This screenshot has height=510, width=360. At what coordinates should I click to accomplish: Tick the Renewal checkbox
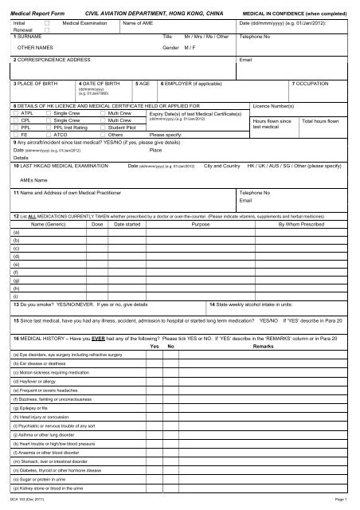[47, 32]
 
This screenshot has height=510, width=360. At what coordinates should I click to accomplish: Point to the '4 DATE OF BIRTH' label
[100, 83]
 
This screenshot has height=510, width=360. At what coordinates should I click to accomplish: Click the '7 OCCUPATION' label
[315, 83]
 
